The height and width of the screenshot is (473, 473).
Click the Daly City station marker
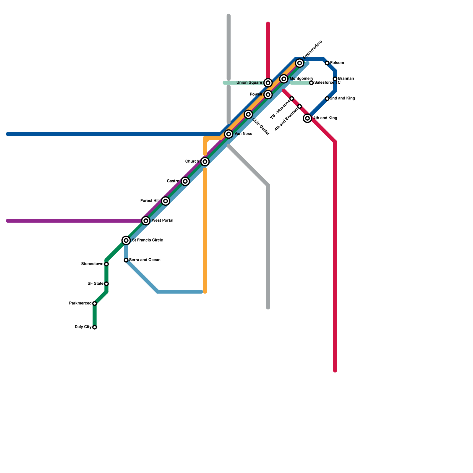pos(95,327)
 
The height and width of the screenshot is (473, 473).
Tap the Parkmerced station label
pos(80,303)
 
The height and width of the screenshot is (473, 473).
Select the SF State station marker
pos(106,284)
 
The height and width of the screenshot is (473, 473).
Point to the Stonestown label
pos(92,264)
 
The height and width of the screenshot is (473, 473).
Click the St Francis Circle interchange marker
pos(126,240)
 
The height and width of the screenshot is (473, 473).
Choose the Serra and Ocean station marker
pos(126,260)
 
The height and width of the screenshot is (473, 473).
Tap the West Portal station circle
pos(146,221)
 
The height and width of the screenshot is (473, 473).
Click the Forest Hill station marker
pos(166,201)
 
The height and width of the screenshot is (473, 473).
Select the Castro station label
pos(173,181)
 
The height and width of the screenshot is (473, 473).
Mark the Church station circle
pos(205,162)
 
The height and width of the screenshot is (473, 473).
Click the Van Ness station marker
pos(229,134)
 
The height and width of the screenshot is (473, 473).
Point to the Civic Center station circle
pos(248,114)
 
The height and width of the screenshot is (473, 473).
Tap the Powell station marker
pos(268,95)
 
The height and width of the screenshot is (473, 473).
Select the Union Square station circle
pos(268,83)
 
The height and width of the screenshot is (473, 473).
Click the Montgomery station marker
pos(284,79)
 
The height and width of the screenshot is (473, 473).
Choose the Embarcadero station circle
pos(299,63)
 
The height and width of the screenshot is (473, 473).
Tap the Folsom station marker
pos(327,63)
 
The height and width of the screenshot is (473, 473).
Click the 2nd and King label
pos(343,98)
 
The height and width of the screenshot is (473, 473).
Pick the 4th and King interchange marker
pos(307,118)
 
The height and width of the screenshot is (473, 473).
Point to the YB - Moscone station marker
pos(292,98)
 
